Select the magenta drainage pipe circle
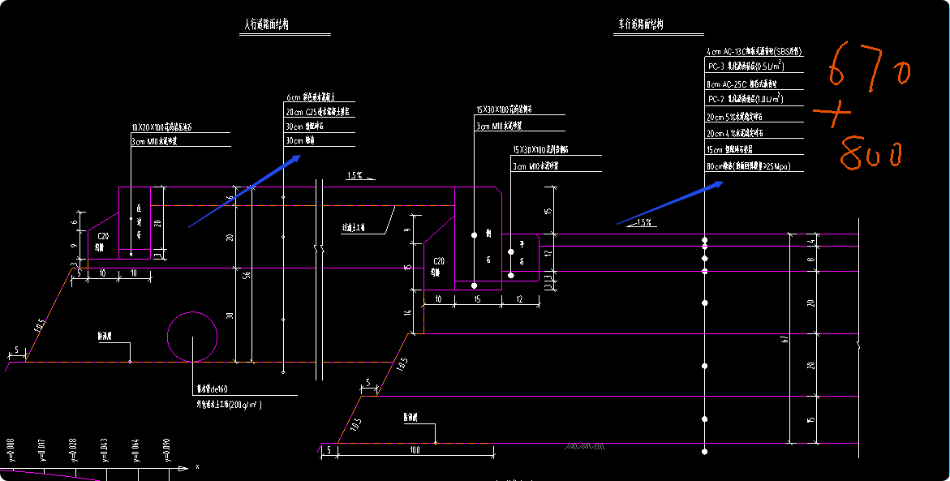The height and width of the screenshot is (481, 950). (x=192, y=336)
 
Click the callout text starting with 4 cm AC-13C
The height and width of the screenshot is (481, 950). (x=754, y=51)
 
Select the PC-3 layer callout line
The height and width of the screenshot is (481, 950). (x=745, y=67)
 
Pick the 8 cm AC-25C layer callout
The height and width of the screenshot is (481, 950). (x=742, y=84)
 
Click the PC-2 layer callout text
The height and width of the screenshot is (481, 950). (x=745, y=99)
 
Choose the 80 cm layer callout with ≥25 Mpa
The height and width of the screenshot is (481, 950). (x=747, y=166)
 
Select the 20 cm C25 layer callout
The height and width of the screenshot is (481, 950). (x=317, y=112)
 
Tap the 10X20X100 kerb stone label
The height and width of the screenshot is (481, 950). (x=162, y=128)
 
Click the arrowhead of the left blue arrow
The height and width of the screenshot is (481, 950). (x=299, y=157)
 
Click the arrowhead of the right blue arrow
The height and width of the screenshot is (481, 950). (x=720, y=183)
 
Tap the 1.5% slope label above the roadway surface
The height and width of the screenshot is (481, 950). (x=645, y=221)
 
